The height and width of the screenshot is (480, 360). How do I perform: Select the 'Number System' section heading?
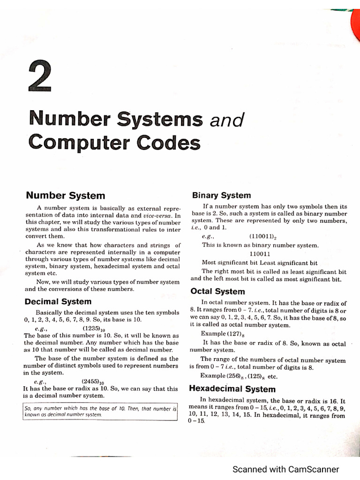(65, 195)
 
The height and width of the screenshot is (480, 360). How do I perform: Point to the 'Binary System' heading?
(221, 195)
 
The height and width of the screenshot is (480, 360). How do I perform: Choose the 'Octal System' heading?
(217, 291)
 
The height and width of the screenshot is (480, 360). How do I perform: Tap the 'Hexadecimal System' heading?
(232, 389)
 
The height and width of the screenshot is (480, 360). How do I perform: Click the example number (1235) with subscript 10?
(93, 328)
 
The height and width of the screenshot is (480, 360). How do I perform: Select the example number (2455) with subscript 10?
(93, 382)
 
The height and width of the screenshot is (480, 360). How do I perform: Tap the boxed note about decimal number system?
(100, 412)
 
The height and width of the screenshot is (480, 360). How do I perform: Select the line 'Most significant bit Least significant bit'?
(259, 262)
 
